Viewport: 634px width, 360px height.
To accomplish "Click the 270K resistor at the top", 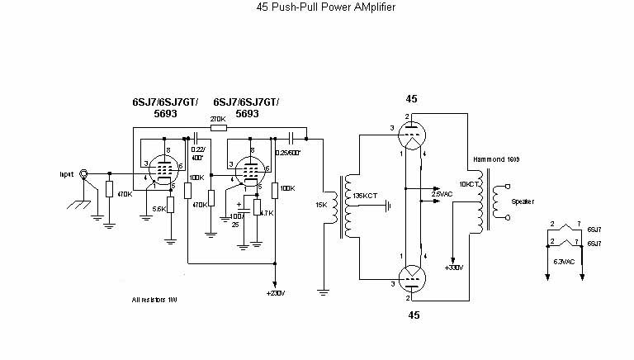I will [x=218, y=129].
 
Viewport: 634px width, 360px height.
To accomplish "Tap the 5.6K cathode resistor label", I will [x=159, y=209].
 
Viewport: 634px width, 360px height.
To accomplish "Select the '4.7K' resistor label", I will [x=266, y=212].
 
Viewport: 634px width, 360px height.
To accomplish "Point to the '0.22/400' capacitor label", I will [x=198, y=153].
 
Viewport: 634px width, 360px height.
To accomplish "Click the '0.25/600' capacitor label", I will [x=286, y=154].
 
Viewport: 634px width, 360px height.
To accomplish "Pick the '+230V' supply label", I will [x=276, y=293].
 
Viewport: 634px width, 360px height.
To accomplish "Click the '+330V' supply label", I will [x=454, y=268].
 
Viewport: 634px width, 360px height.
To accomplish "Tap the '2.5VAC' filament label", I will [x=442, y=194].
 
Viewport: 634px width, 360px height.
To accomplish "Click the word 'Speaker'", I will [x=523, y=201].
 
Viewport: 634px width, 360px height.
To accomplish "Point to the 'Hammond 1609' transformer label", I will [x=496, y=158].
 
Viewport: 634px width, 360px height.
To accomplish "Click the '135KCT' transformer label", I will [x=364, y=196].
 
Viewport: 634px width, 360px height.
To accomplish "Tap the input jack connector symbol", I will [x=83, y=174].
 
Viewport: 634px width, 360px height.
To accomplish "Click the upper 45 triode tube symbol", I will [x=411, y=133].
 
